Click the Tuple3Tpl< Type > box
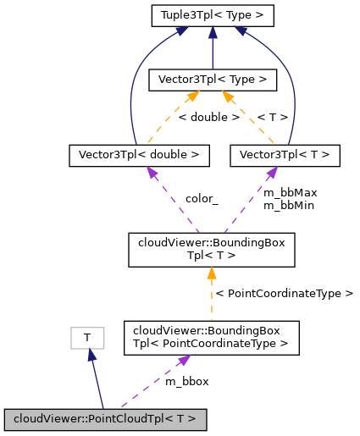pos(212,14)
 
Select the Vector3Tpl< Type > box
pos(212,80)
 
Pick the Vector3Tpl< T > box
pos(285,155)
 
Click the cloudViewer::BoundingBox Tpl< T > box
pos(212,248)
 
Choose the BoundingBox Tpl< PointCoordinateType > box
pos(212,336)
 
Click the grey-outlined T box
pos(86,338)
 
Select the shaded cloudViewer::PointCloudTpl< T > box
pos(105,418)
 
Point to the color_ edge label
pos(202,199)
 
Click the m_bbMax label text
pos(290,193)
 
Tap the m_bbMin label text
pos(290,205)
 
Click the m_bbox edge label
pos(186,381)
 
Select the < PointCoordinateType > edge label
pos(284,293)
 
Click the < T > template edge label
pos(272,117)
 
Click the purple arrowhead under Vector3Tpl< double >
pos(150,172)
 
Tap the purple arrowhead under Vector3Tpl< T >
pos(271,172)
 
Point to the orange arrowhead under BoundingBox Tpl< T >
pos(212,273)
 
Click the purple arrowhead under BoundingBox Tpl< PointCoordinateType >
pos(181,360)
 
